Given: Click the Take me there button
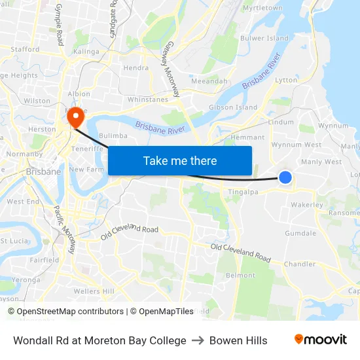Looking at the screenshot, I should tap(180, 160).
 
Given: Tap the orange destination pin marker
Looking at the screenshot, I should tap(76, 117).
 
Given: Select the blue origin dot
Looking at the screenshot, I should tap(285, 177).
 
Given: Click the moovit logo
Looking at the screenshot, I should tap(321, 340).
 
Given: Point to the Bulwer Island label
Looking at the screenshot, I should tap(265, 39).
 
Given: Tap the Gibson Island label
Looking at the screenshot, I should tap(232, 107).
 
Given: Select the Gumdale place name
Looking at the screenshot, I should tap(300, 233).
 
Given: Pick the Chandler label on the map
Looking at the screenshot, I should tap(299, 264).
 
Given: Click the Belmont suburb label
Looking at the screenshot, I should tap(240, 276).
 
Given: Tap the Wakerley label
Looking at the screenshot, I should tap(307, 205).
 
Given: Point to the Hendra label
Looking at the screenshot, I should tap(135, 67).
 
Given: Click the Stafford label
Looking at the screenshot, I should tap(25, 49).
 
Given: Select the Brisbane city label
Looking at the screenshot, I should tap(43, 171).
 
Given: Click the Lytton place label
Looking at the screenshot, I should tap(286, 80).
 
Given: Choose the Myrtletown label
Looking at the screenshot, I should tap(262, 8).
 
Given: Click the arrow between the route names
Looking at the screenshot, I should tap(198, 340).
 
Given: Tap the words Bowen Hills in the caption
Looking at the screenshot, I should tap(238, 340).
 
